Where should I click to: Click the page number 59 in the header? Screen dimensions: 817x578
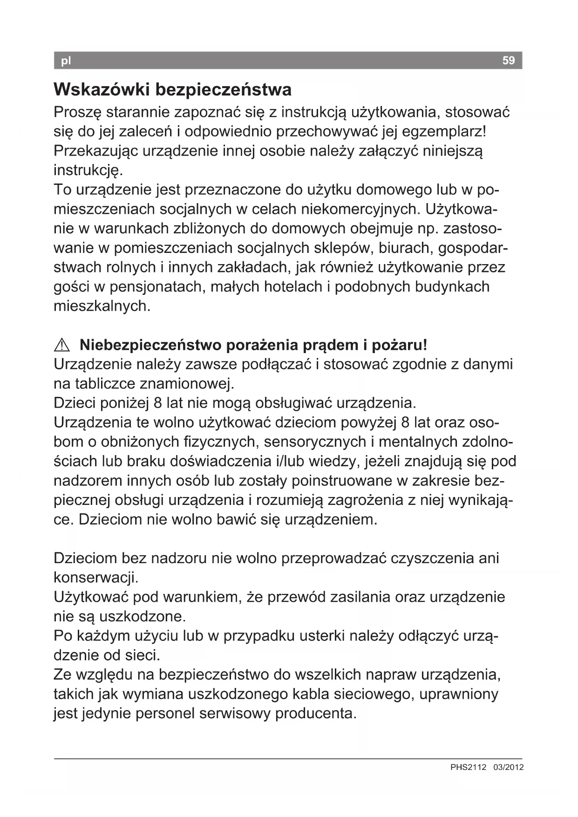pyautogui.click(x=509, y=61)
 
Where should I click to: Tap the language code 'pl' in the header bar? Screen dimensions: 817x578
pyautogui.click(x=66, y=61)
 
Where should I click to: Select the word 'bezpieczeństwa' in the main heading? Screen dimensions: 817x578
pyautogui.click(x=223, y=89)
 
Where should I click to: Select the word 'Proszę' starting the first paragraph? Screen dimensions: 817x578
pyautogui.click(x=77, y=112)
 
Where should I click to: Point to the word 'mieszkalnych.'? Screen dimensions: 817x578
pyautogui.click(x=102, y=306)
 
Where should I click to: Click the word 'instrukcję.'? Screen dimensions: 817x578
pyautogui.click(x=88, y=170)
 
